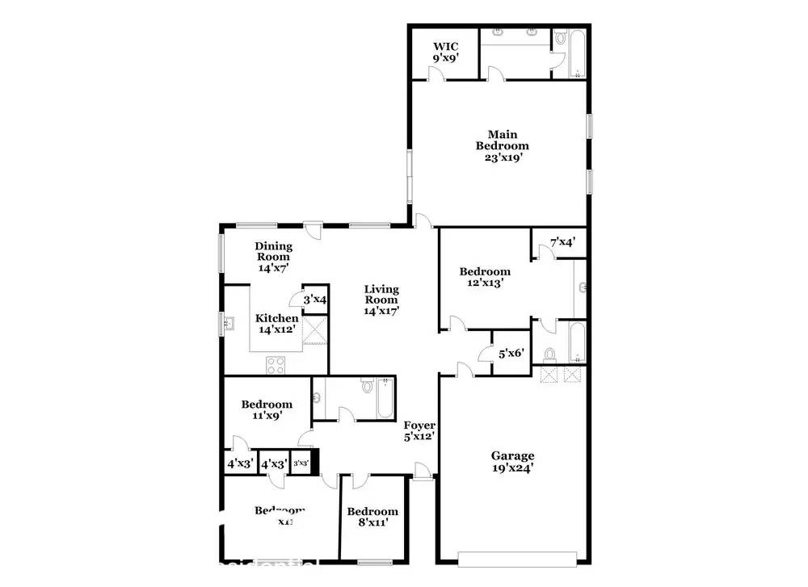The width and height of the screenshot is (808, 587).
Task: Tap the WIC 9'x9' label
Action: pyautogui.click(x=444, y=52)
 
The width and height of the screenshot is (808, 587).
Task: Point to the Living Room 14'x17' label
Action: pyautogui.click(x=381, y=299)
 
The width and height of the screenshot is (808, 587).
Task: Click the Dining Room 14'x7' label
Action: pyautogui.click(x=273, y=256)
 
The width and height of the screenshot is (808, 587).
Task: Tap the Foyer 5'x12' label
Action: pyautogui.click(x=420, y=430)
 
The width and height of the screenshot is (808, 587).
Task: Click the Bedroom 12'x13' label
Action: pyautogui.click(x=485, y=277)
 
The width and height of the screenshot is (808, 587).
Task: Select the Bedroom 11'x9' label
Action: pyautogui.click(x=267, y=410)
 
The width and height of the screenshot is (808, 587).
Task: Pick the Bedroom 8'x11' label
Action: pyautogui.click(x=372, y=517)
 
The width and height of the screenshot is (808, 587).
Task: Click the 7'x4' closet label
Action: pyautogui.click(x=563, y=241)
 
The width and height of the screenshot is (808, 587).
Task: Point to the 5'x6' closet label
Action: pyautogui.click(x=512, y=353)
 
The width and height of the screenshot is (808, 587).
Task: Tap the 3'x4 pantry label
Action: pyautogui.click(x=314, y=300)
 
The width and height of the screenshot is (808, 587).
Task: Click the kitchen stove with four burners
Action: pyautogui.click(x=276, y=365)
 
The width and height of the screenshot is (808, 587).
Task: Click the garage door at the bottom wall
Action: pyautogui.click(x=517, y=557)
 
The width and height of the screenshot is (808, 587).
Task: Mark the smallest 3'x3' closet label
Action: pyautogui.click(x=301, y=463)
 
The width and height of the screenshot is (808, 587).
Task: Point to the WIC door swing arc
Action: pyautogui.click(x=436, y=73)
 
